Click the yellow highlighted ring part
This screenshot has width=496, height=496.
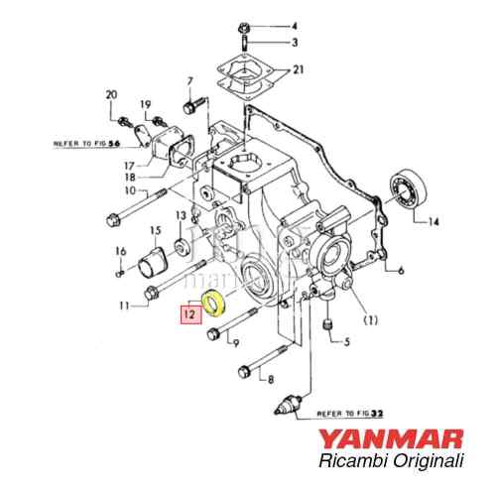pos(212,304)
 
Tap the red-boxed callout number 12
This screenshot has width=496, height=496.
pos(187,315)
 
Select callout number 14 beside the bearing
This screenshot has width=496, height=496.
pos(433,222)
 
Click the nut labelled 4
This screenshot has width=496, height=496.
pos(243,25)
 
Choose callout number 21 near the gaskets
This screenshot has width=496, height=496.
pos(296,73)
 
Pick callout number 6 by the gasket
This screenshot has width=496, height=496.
pos(400,270)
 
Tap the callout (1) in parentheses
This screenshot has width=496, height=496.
pos(371,320)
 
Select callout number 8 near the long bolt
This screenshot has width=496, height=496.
pos(268,380)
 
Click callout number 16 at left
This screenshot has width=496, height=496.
pos(120,251)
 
